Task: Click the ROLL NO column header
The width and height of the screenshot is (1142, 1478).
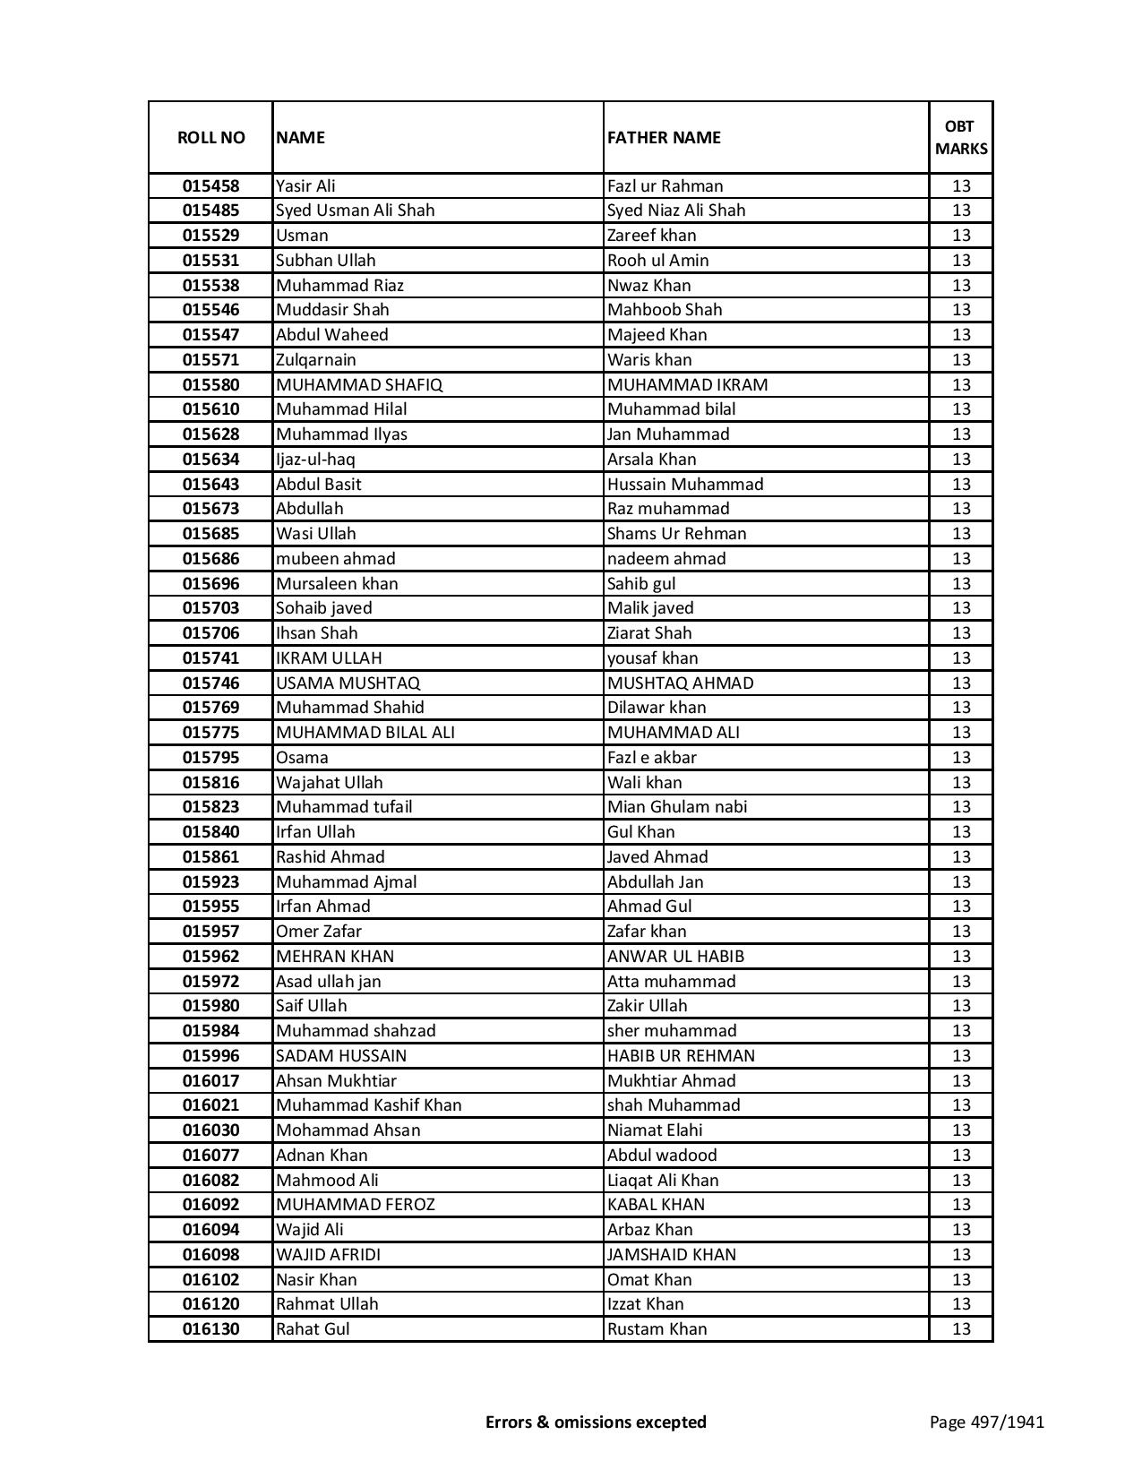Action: pos(210,137)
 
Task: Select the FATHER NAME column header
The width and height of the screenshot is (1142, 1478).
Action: pos(664,137)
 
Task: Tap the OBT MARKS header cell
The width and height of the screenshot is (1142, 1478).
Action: pos(961,137)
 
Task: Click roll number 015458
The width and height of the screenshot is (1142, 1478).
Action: pos(210,186)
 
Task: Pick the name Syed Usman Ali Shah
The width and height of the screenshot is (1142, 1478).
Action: pos(355,211)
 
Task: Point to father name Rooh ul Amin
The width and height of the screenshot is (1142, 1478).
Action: pos(657,261)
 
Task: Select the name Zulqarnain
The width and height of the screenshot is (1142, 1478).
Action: pos(315,360)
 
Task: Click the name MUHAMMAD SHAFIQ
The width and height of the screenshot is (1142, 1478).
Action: pos(359,385)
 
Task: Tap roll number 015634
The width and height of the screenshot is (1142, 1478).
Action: pos(210,460)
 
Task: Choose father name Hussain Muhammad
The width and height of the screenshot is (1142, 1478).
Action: pos(685,485)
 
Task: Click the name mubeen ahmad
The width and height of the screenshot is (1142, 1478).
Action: pos(335,559)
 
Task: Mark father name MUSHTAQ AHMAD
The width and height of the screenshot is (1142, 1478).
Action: pos(680,683)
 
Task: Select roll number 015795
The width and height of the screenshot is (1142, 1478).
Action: pos(210,758)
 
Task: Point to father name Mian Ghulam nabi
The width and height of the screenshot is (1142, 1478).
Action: pos(676,807)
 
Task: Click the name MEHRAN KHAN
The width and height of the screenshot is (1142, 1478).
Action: pos(334,957)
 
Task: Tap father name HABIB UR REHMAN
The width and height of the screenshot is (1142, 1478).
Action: pos(681,1056)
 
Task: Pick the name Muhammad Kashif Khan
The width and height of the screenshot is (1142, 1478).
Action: pos(368,1105)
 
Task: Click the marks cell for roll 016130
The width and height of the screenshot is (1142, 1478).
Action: pos(961,1329)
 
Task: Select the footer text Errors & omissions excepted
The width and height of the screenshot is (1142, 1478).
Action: pos(596,1422)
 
